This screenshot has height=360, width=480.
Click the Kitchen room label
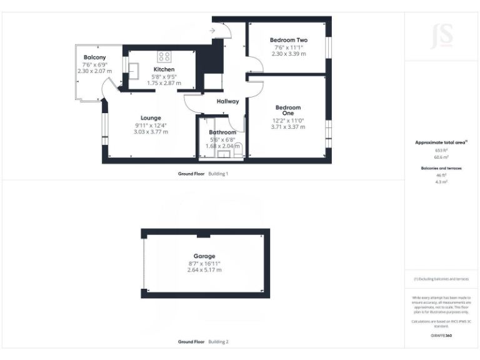pyautogui.click(x=164, y=69)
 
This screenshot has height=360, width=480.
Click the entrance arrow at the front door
pyautogui.click(x=213, y=30)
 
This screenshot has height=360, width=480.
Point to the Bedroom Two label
pyautogui.click(x=288, y=40)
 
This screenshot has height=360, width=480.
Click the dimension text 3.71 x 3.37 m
pyautogui.click(x=288, y=127)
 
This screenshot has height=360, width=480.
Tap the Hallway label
pyautogui.click(x=227, y=101)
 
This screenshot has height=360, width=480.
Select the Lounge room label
pyautogui.click(x=151, y=117)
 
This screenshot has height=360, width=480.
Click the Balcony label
pyautogui.click(x=95, y=57)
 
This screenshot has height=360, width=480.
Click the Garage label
pyautogui.click(x=204, y=256)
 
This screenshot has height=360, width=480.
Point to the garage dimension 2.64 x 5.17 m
pyautogui.click(x=204, y=270)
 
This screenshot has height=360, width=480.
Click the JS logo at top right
pyautogui.click(x=442, y=36)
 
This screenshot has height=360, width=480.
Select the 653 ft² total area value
pyautogui.click(x=441, y=151)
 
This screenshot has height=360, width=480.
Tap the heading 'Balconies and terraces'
pyautogui.click(x=441, y=168)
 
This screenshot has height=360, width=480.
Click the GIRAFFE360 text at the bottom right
pyautogui.click(x=441, y=336)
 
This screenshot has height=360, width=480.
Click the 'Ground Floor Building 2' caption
pyautogui.click(x=203, y=342)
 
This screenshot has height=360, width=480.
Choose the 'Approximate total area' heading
pyautogui.click(x=441, y=142)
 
